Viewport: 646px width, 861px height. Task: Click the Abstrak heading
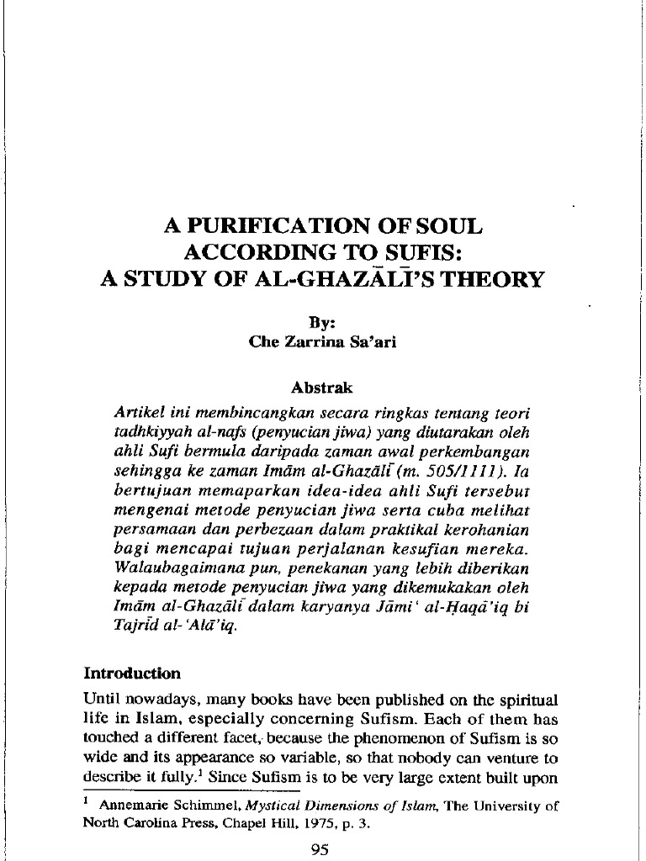[x=322, y=388]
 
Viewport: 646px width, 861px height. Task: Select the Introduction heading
[x=131, y=673]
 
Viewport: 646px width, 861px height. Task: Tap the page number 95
[x=320, y=849]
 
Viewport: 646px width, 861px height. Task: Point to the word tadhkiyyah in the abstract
[x=154, y=436]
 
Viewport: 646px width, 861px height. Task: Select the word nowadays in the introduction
[x=159, y=700]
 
